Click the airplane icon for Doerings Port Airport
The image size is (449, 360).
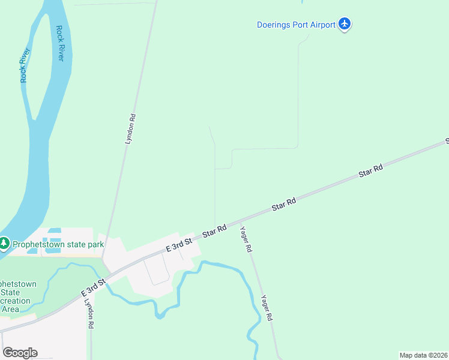pyautogui.click(x=345, y=24)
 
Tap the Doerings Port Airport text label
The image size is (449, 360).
pyautogui.click(x=295, y=25)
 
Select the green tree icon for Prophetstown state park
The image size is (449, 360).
pyautogui.click(x=5, y=244)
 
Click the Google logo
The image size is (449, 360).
pyautogui.click(x=20, y=352)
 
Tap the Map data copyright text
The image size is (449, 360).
pyautogui.click(x=423, y=355)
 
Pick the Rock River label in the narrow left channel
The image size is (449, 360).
pyautogui.click(x=25, y=65)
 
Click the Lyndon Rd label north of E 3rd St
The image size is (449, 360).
pyautogui.click(x=130, y=129)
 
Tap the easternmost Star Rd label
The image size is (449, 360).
pyautogui.click(x=370, y=172)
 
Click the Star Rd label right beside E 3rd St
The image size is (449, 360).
pyautogui.click(x=214, y=231)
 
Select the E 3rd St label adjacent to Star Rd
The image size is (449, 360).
pyautogui.click(x=179, y=244)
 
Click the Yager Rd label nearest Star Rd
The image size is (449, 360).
pyautogui.click(x=246, y=238)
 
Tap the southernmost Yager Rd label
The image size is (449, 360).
pyautogui.click(x=267, y=308)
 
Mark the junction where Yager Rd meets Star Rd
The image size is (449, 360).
pyautogui.click(x=240, y=221)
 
